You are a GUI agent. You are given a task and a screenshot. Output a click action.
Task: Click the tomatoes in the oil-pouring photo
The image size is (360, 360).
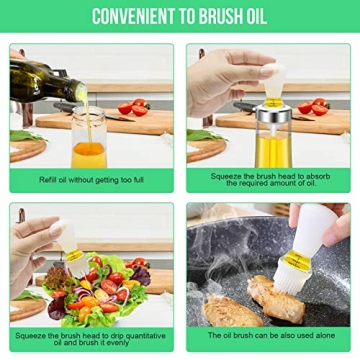coord(132,107)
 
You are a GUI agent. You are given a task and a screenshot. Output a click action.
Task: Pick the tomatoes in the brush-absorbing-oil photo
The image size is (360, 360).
coord(314,106)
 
